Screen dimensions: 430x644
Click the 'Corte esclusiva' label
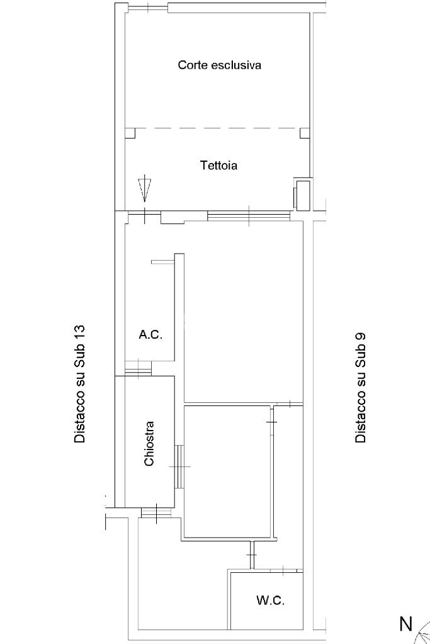[219, 65]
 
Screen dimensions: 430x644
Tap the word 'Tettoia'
[218, 166]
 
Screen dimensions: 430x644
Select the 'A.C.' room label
[150, 335]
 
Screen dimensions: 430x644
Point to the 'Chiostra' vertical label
[149, 444]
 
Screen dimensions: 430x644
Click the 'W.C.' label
[271, 601]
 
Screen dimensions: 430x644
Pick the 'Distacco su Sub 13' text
[80, 384]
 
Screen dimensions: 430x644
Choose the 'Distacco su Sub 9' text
[360, 387]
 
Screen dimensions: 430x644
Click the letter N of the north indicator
[406, 623]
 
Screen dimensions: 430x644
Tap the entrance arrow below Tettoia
[145, 188]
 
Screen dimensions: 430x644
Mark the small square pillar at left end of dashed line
[130, 133]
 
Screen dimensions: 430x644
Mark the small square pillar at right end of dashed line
[305, 133]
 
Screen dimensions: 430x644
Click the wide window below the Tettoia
[249, 216]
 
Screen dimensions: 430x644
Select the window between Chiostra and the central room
[179, 467]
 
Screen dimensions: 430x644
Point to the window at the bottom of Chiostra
[156, 512]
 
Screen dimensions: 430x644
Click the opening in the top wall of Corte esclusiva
[148, 7]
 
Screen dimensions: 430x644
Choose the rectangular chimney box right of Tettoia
[302, 195]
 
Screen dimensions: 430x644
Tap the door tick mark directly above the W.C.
[283, 570]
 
